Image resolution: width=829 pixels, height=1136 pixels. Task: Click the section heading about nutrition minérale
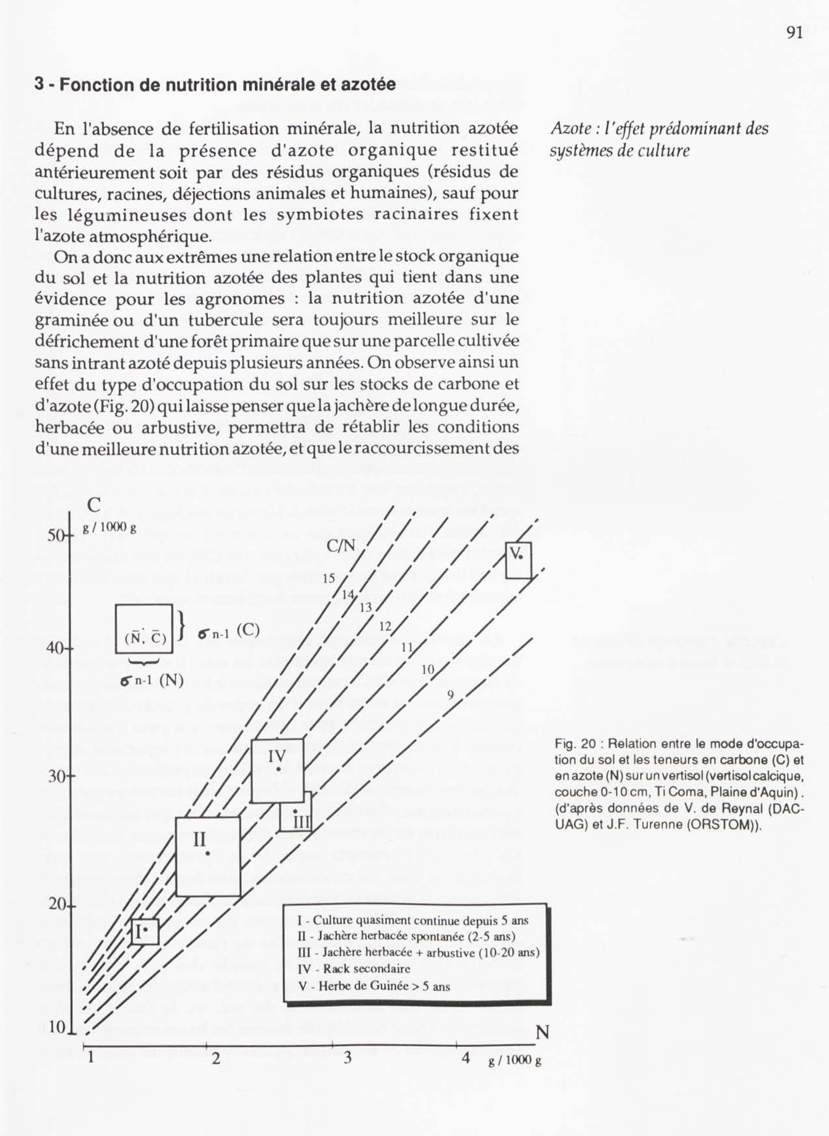[x=215, y=84]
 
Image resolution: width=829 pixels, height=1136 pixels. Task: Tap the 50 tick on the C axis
[x=55, y=536]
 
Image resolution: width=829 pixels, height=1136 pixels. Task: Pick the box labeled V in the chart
[x=518, y=560]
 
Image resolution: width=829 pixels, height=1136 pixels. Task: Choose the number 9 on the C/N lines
[x=450, y=695]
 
